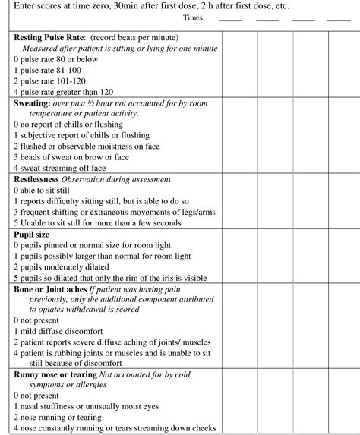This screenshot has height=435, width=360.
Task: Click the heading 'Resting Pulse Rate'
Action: (49, 37)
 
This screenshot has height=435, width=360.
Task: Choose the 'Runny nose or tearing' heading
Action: (55, 374)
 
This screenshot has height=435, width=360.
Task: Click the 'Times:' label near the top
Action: (194, 17)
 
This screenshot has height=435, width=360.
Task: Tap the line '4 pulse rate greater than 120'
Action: (63, 92)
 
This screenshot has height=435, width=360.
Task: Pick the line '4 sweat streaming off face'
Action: (60, 168)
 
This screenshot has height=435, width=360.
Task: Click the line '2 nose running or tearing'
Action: (57, 418)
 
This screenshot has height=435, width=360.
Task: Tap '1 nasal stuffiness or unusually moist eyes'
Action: (88, 407)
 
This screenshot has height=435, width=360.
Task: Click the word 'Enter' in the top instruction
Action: (27, 5)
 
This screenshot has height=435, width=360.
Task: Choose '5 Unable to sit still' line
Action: (97, 223)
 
